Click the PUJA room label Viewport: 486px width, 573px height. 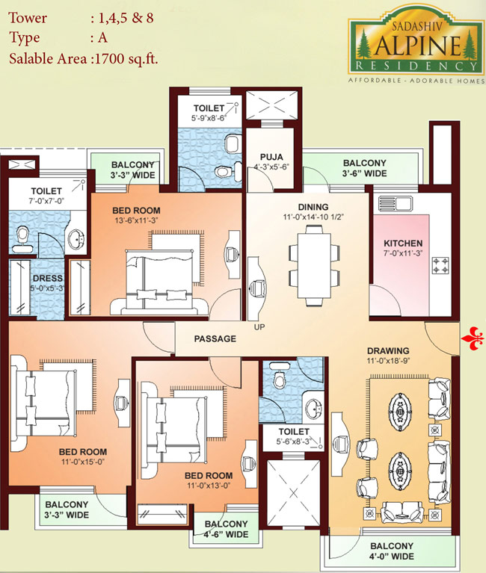pyautogui.click(x=271, y=157)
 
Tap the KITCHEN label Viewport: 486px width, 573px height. pyautogui.click(x=403, y=243)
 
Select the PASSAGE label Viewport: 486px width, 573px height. pyautogui.click(x=215, y=338)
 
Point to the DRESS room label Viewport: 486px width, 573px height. pyautogui.click(x=48, y=278)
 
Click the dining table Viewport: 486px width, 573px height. pyautogui.click(x=314, y=266)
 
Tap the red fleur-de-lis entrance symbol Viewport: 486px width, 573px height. pyautogui.click(x=473, y=338)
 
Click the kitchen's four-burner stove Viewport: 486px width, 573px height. pyautogui.click(x=440, y=265)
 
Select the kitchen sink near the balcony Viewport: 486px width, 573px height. pyautogui.click(x=395, y=204)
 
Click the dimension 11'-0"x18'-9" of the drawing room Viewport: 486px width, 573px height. pyautogui.click(x=388, y=361)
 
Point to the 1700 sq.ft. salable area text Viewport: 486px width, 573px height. pyautogui.click(x=126, y=58)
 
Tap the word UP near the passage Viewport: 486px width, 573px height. pyautogui.click(x=259, y=326)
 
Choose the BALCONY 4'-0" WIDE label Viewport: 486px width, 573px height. pyautogui.click(x=392, y=551)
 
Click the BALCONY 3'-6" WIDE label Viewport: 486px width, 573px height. pyautogui.click(x=365, y=168)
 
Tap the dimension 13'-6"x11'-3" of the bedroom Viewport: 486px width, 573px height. pyautogui.click(x=136, y=220)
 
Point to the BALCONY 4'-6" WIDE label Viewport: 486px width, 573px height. pyautogui.click(x=226, y=529)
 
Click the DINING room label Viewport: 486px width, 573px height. pyautogui.click(x=313, y=207)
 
